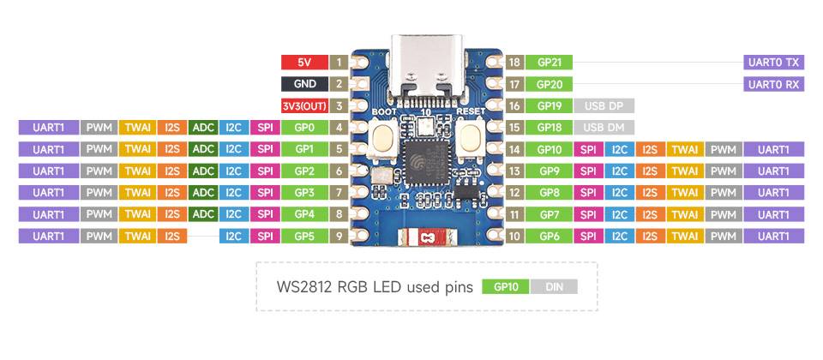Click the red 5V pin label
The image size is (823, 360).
303,63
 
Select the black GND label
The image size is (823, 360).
303,84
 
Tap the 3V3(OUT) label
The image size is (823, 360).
303,106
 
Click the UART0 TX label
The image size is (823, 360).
773,63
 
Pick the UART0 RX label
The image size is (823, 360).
773,84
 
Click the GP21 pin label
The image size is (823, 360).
550,63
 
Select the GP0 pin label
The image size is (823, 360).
303,128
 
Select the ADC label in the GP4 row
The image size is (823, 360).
203,214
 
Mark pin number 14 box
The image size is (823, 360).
514,149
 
